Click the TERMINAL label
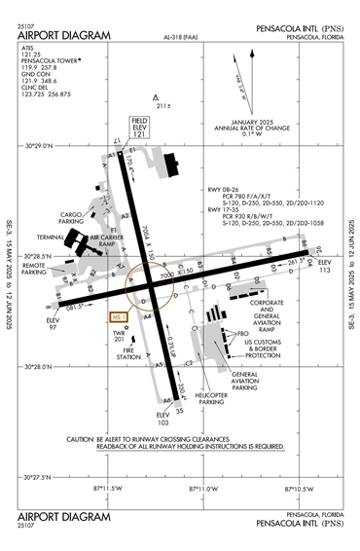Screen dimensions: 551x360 [x=51, y=237]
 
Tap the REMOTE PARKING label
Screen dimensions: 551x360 [x=34, y=269]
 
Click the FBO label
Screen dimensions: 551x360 [x=243, y=332]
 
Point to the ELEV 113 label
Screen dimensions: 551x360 [x=325, y=268]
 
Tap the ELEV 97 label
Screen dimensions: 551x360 [x=54, y=321]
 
